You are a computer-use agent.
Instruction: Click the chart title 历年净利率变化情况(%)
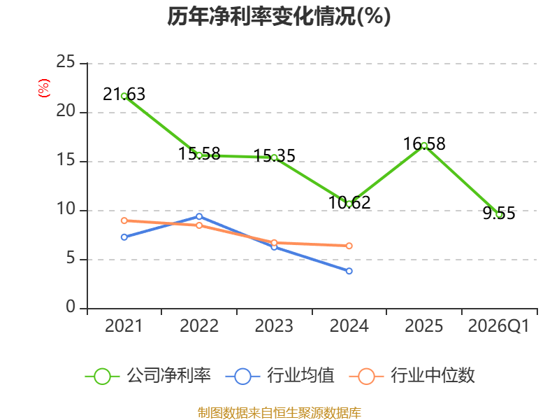[279, 17]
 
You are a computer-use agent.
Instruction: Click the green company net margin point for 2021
[124, 96]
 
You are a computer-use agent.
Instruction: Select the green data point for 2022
[199, 155]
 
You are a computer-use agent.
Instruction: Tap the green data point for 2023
[274, 157]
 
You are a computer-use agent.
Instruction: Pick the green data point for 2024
[349, 204]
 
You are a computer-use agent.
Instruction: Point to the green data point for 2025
[424, 146]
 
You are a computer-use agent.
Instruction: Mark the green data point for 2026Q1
[499, 214]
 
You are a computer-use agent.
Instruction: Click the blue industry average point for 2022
[199, 216]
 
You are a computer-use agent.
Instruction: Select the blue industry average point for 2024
[349, 271]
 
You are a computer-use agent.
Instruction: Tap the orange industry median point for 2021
[124, 220]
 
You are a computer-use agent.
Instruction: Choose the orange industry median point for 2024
[349, 246]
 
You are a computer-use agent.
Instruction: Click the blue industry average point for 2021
[124, 237]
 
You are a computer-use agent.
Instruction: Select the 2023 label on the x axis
[274, 326]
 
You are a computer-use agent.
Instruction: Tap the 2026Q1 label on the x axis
[499, 326]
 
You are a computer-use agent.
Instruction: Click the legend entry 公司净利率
[149, 376]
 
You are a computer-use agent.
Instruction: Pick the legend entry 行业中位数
[416, 376]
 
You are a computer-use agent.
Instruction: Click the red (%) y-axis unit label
[44, 88]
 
